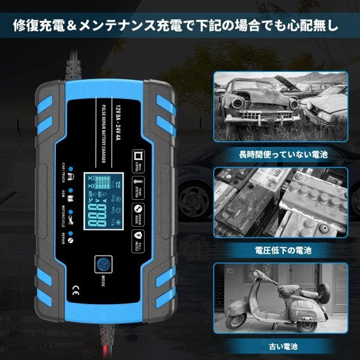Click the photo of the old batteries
point(281,202)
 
